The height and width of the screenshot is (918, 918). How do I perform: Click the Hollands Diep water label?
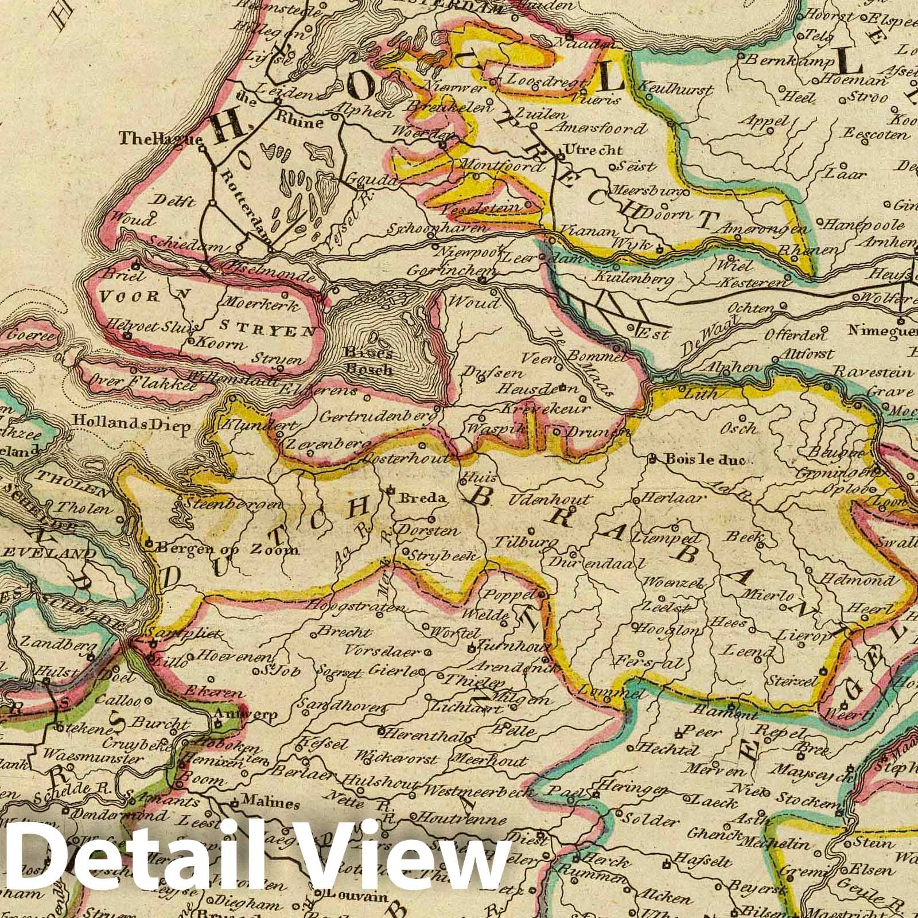132,427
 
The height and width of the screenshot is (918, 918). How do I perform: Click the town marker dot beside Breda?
390,491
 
